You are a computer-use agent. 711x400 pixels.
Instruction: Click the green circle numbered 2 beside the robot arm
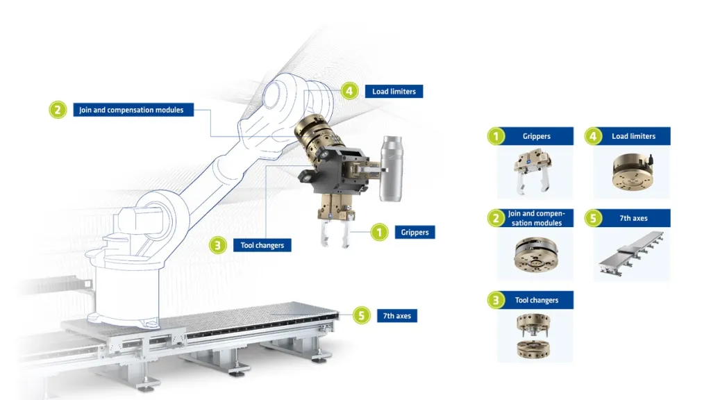pos(58,110)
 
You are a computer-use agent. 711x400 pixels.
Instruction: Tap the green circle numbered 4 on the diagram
pos(349,91)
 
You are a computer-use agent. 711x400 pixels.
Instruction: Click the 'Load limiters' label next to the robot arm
pos(394,91)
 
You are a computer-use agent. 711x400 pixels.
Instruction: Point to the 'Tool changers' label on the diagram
pos(262,245)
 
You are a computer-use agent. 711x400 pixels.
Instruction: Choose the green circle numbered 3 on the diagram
pos(217,245)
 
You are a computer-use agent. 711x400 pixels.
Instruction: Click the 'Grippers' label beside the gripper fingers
pos(415,232)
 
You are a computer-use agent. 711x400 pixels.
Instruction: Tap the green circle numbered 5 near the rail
pos(361,316)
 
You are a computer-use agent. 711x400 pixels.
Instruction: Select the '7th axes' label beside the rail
pos(397,316)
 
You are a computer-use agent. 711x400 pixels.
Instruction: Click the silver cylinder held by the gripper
pos(392,168)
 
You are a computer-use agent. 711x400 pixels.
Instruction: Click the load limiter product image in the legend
pos(633,172)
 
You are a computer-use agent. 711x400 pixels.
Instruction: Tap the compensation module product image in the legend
pos(536,254)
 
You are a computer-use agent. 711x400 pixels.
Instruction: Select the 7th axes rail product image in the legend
pos(630,253)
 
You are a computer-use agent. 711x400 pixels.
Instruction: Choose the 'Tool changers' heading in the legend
pos(537,300)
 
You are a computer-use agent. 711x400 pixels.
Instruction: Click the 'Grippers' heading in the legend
pos(537,136)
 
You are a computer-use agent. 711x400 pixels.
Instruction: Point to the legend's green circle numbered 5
pos(593,218)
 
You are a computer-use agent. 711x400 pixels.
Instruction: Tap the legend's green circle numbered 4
pos(593,136)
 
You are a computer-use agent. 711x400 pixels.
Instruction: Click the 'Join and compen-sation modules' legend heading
pos(537,218)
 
